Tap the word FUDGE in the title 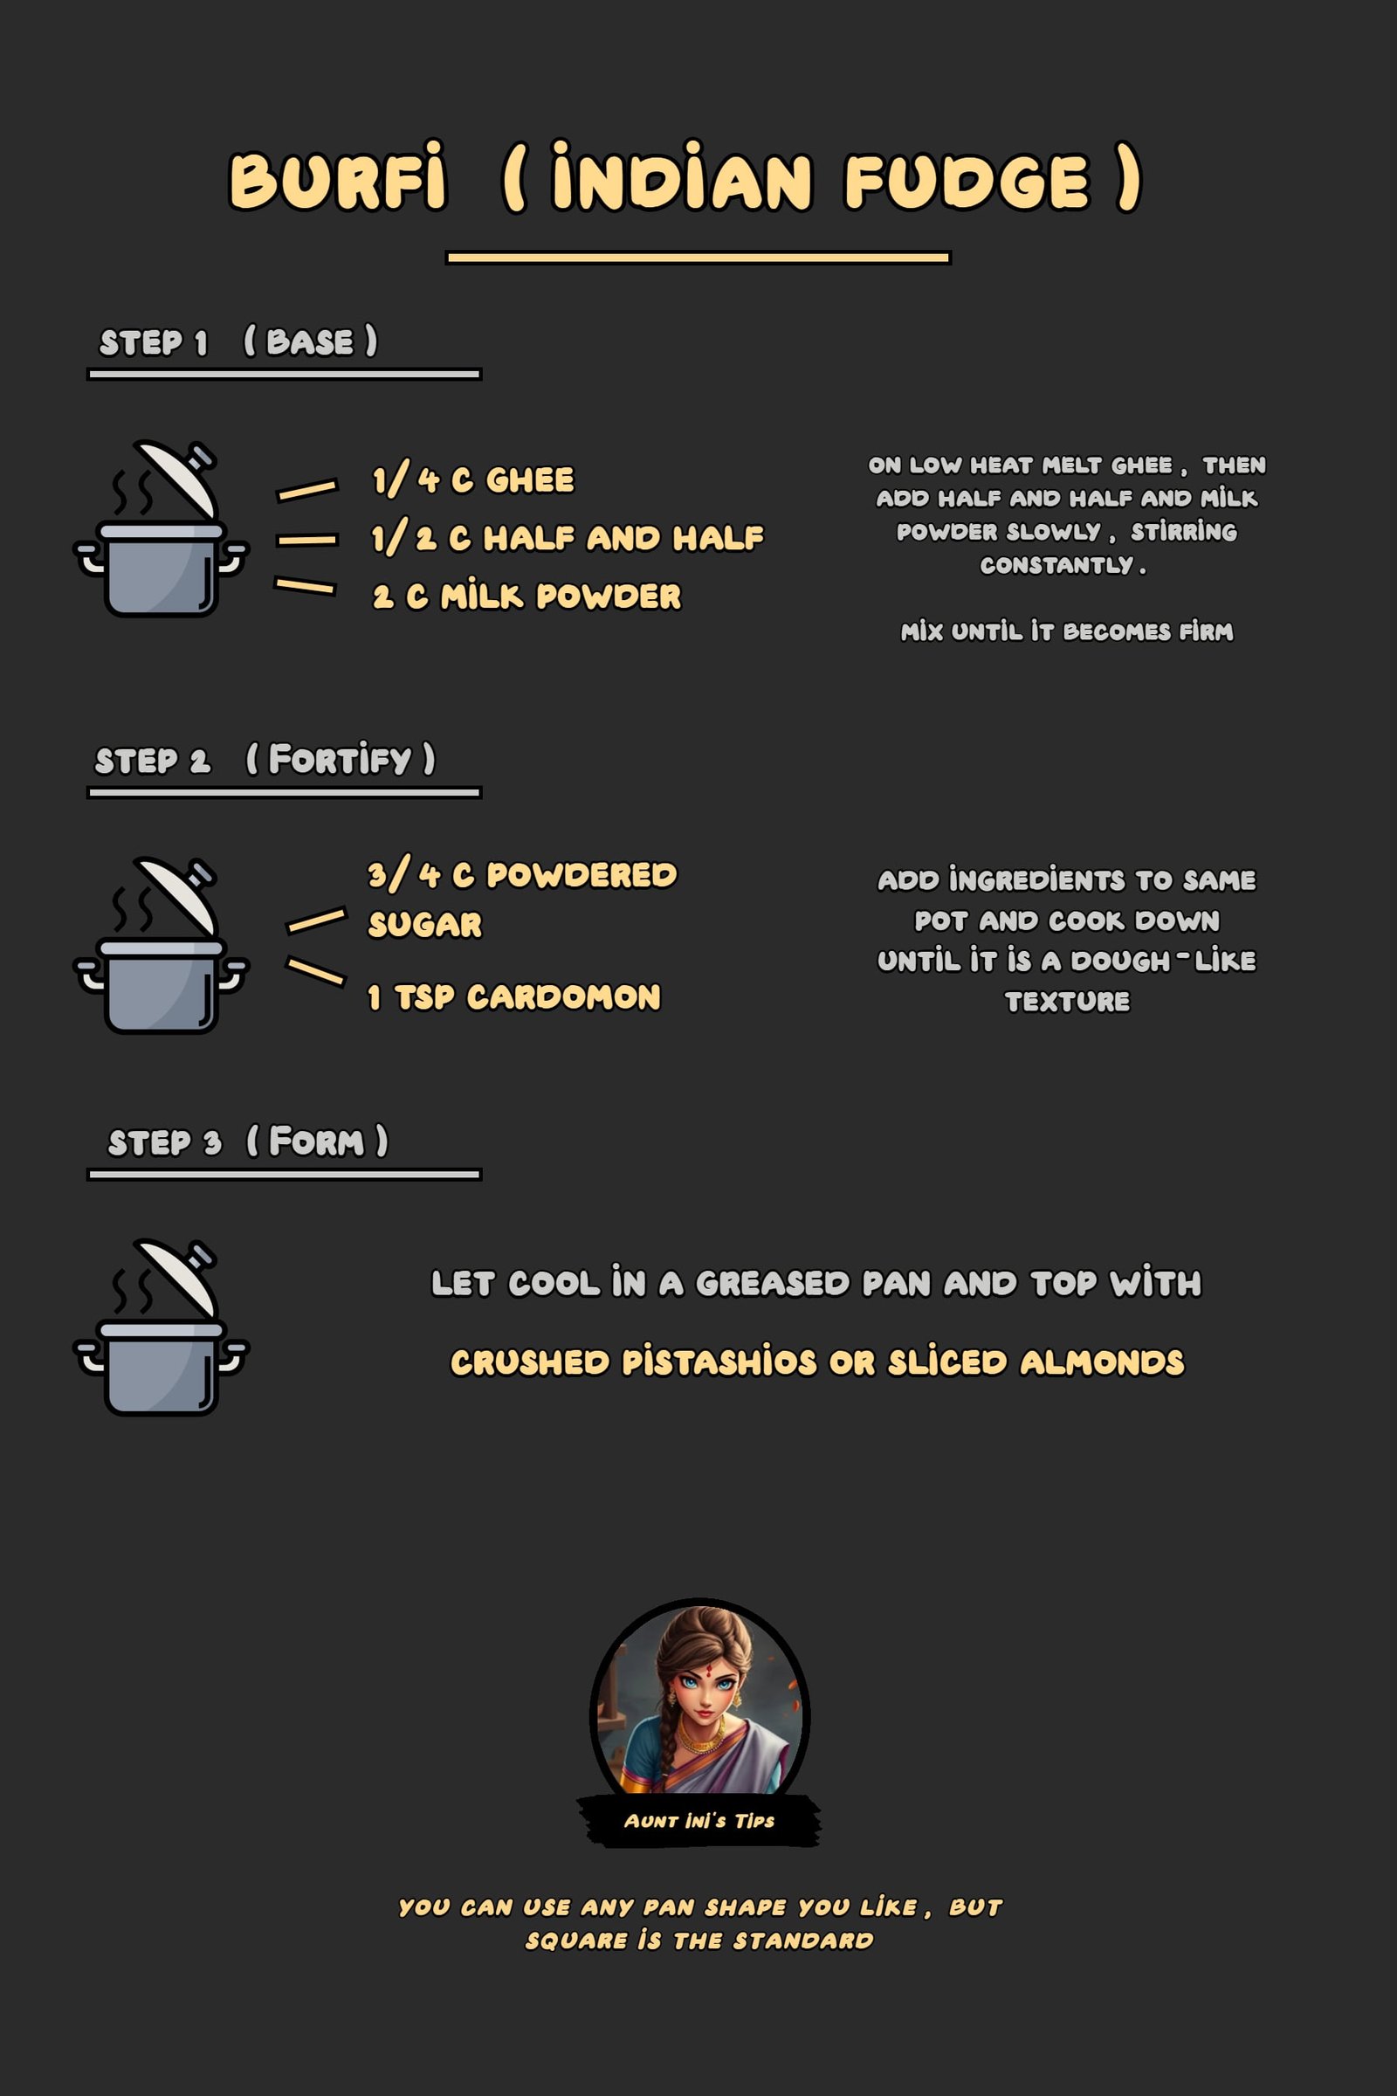(967, 182)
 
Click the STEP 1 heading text (154, 342)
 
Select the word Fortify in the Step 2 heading (340, 759)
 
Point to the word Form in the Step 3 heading (316, 1141)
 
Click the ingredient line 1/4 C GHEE (473, 479)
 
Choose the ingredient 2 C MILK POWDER (526, 596)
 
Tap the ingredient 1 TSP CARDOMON (514, 996)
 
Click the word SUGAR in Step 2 (425, 924)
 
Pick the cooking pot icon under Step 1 (161, 528)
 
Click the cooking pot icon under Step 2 (161, 946)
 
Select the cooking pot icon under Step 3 (161, 1327)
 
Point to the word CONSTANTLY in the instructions (1056, 565)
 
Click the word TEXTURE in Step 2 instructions (1067, 1001)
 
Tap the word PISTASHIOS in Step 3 (719, 1362)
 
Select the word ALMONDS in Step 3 (1102, 1362)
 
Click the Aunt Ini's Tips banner (699, 1821)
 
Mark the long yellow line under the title (698, 258)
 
